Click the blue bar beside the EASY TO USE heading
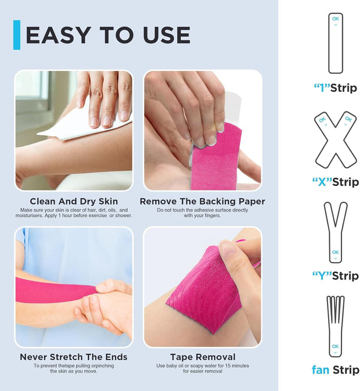16,35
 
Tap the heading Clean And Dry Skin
74,202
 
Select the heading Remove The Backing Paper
203,202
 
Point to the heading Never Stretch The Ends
74,357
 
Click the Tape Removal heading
203,357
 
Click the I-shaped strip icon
336,43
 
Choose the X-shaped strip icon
336,139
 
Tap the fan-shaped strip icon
336,325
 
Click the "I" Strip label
336,88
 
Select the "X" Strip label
336,182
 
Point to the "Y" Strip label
336,275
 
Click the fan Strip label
336,370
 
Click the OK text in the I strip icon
336,19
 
